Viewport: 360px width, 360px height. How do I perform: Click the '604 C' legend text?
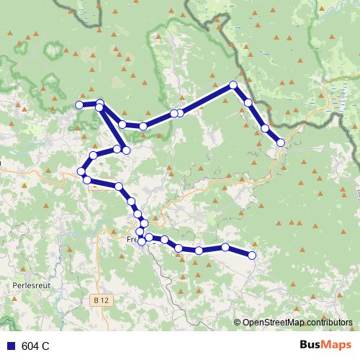click(35, 346)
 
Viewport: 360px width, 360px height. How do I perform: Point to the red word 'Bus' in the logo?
click(311, 345)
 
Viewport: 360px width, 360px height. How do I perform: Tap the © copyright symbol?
click(237, 323)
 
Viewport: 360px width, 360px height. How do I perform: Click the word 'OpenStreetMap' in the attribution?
click(272, 323)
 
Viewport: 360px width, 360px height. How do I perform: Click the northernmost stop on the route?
click(233, 85)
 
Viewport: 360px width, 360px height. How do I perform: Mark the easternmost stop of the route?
click(280, 143)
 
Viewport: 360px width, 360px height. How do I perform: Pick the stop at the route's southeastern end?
click(252, 255)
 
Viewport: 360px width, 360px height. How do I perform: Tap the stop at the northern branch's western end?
click(80, 105)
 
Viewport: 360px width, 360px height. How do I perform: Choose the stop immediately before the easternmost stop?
click(265, 128)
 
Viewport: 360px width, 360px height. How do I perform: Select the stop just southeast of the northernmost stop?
click(248, 103)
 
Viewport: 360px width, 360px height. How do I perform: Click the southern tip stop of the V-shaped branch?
click(126, 150)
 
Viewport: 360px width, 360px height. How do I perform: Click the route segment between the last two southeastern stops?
click(239, 251)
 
